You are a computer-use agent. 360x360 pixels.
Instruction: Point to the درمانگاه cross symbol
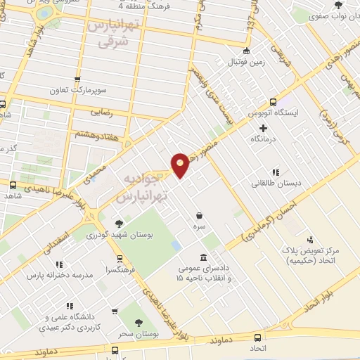(264, 129)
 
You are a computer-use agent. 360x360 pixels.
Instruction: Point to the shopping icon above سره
(200, 216)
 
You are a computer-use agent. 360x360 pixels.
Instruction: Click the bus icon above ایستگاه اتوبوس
(274, 101)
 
